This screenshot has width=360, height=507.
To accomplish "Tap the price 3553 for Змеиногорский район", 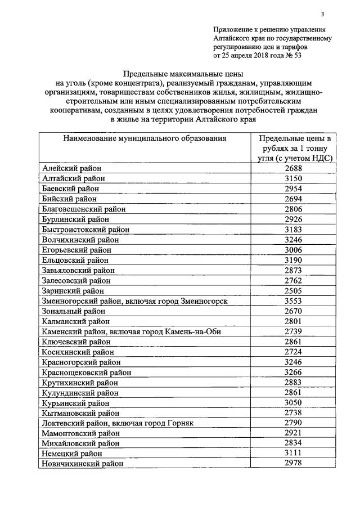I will tap(293, 301).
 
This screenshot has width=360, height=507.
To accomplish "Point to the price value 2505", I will tap(293, 290).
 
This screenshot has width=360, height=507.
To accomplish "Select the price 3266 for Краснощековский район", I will tap(293, 372).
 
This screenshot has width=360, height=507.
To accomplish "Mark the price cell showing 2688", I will tap(293, 168).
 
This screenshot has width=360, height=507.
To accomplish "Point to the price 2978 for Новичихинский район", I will tap(293, 463).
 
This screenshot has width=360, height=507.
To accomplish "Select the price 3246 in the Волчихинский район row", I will tap(293, 239).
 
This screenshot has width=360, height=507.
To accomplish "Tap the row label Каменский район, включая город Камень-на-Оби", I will tap(131, 331).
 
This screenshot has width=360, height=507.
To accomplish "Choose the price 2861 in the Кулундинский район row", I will tap(293, 392).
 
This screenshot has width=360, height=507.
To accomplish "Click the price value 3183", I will tap(293, 229).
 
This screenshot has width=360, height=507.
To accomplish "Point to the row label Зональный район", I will tap(73, 311).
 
